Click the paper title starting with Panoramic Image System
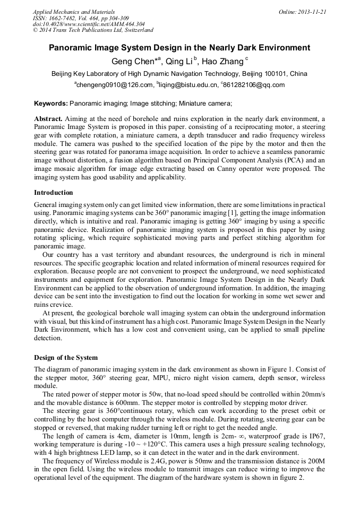[x=179, y=47]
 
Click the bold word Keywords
[x=50, y=103]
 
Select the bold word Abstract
[x=48, y=119]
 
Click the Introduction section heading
[x=54, y=192]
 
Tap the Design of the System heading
[x=66, y=357]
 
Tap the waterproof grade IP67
[x=316, y=436]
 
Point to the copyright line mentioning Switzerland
[x=93, y=30]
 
